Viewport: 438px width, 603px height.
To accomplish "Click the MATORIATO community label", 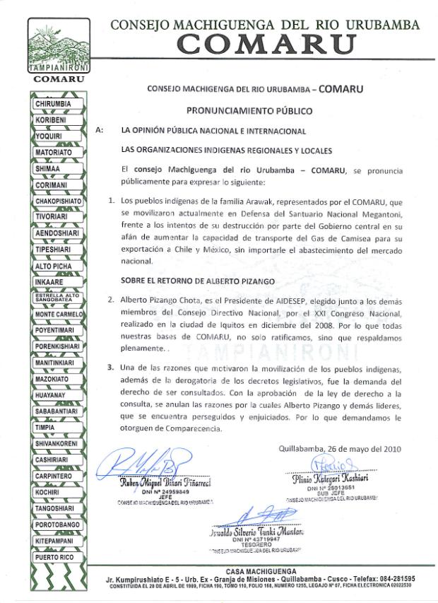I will (x=56, y=152).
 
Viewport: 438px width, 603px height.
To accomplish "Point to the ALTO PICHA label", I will (x=54, y=267).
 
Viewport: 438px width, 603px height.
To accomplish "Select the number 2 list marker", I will (x=111, y=299).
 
